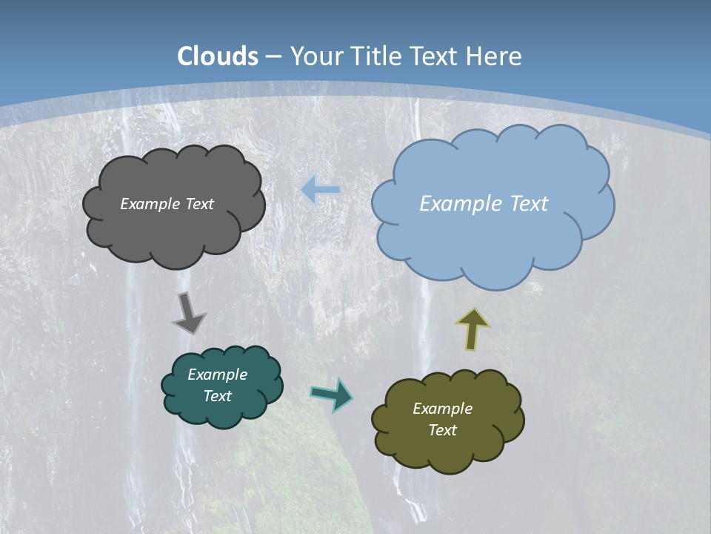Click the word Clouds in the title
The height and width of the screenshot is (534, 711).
click(x=218, y=56)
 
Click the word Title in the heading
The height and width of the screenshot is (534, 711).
click(x=376, y=56)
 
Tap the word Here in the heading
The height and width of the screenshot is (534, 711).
click(x=495, y=56)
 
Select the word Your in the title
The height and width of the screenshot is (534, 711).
click(x=317, y=56)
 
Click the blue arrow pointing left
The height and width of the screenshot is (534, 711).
click(x=320, y=190)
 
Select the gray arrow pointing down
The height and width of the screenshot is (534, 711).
click(x=187, y=312)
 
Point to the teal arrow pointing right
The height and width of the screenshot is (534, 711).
click(x=331, y=394)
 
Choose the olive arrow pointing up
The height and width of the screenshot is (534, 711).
click(x=473, y=329)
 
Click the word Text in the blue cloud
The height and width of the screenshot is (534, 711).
click(x=529, y=204)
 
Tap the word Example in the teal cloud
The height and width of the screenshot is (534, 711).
click(x=217, y=375)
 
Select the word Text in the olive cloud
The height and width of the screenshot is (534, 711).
click(x=442, y=430)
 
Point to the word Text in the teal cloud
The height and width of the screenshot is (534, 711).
click(x=217, y=396)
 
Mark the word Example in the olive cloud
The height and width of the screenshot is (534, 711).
click(x=442, y=409)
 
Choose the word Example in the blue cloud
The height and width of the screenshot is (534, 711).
click(x=462, y=204)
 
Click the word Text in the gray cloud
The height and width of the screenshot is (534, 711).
click(x=198, y=204)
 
